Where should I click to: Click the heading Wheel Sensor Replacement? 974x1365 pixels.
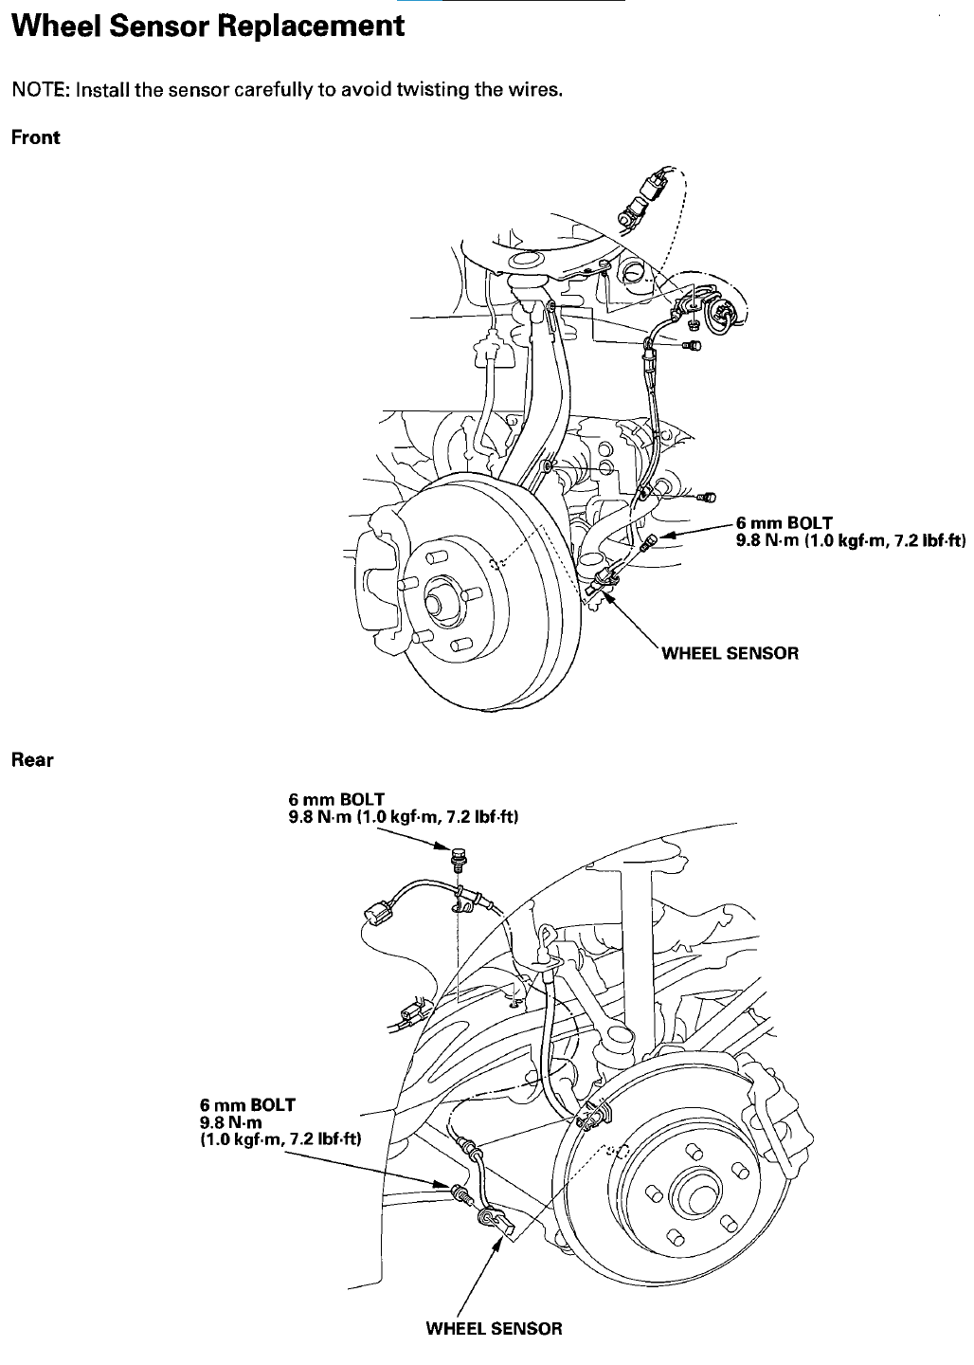pos(207,27)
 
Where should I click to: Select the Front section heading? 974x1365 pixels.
pos(35,137)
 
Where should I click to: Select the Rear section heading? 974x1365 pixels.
pos(32,760)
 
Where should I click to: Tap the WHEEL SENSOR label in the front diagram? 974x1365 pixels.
pos(730,653)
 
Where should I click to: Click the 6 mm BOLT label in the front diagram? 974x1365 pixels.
pos(784,523)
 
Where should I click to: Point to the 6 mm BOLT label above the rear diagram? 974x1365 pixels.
pos(336,799)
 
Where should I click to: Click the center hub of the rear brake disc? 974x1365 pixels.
pos(694,1193)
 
